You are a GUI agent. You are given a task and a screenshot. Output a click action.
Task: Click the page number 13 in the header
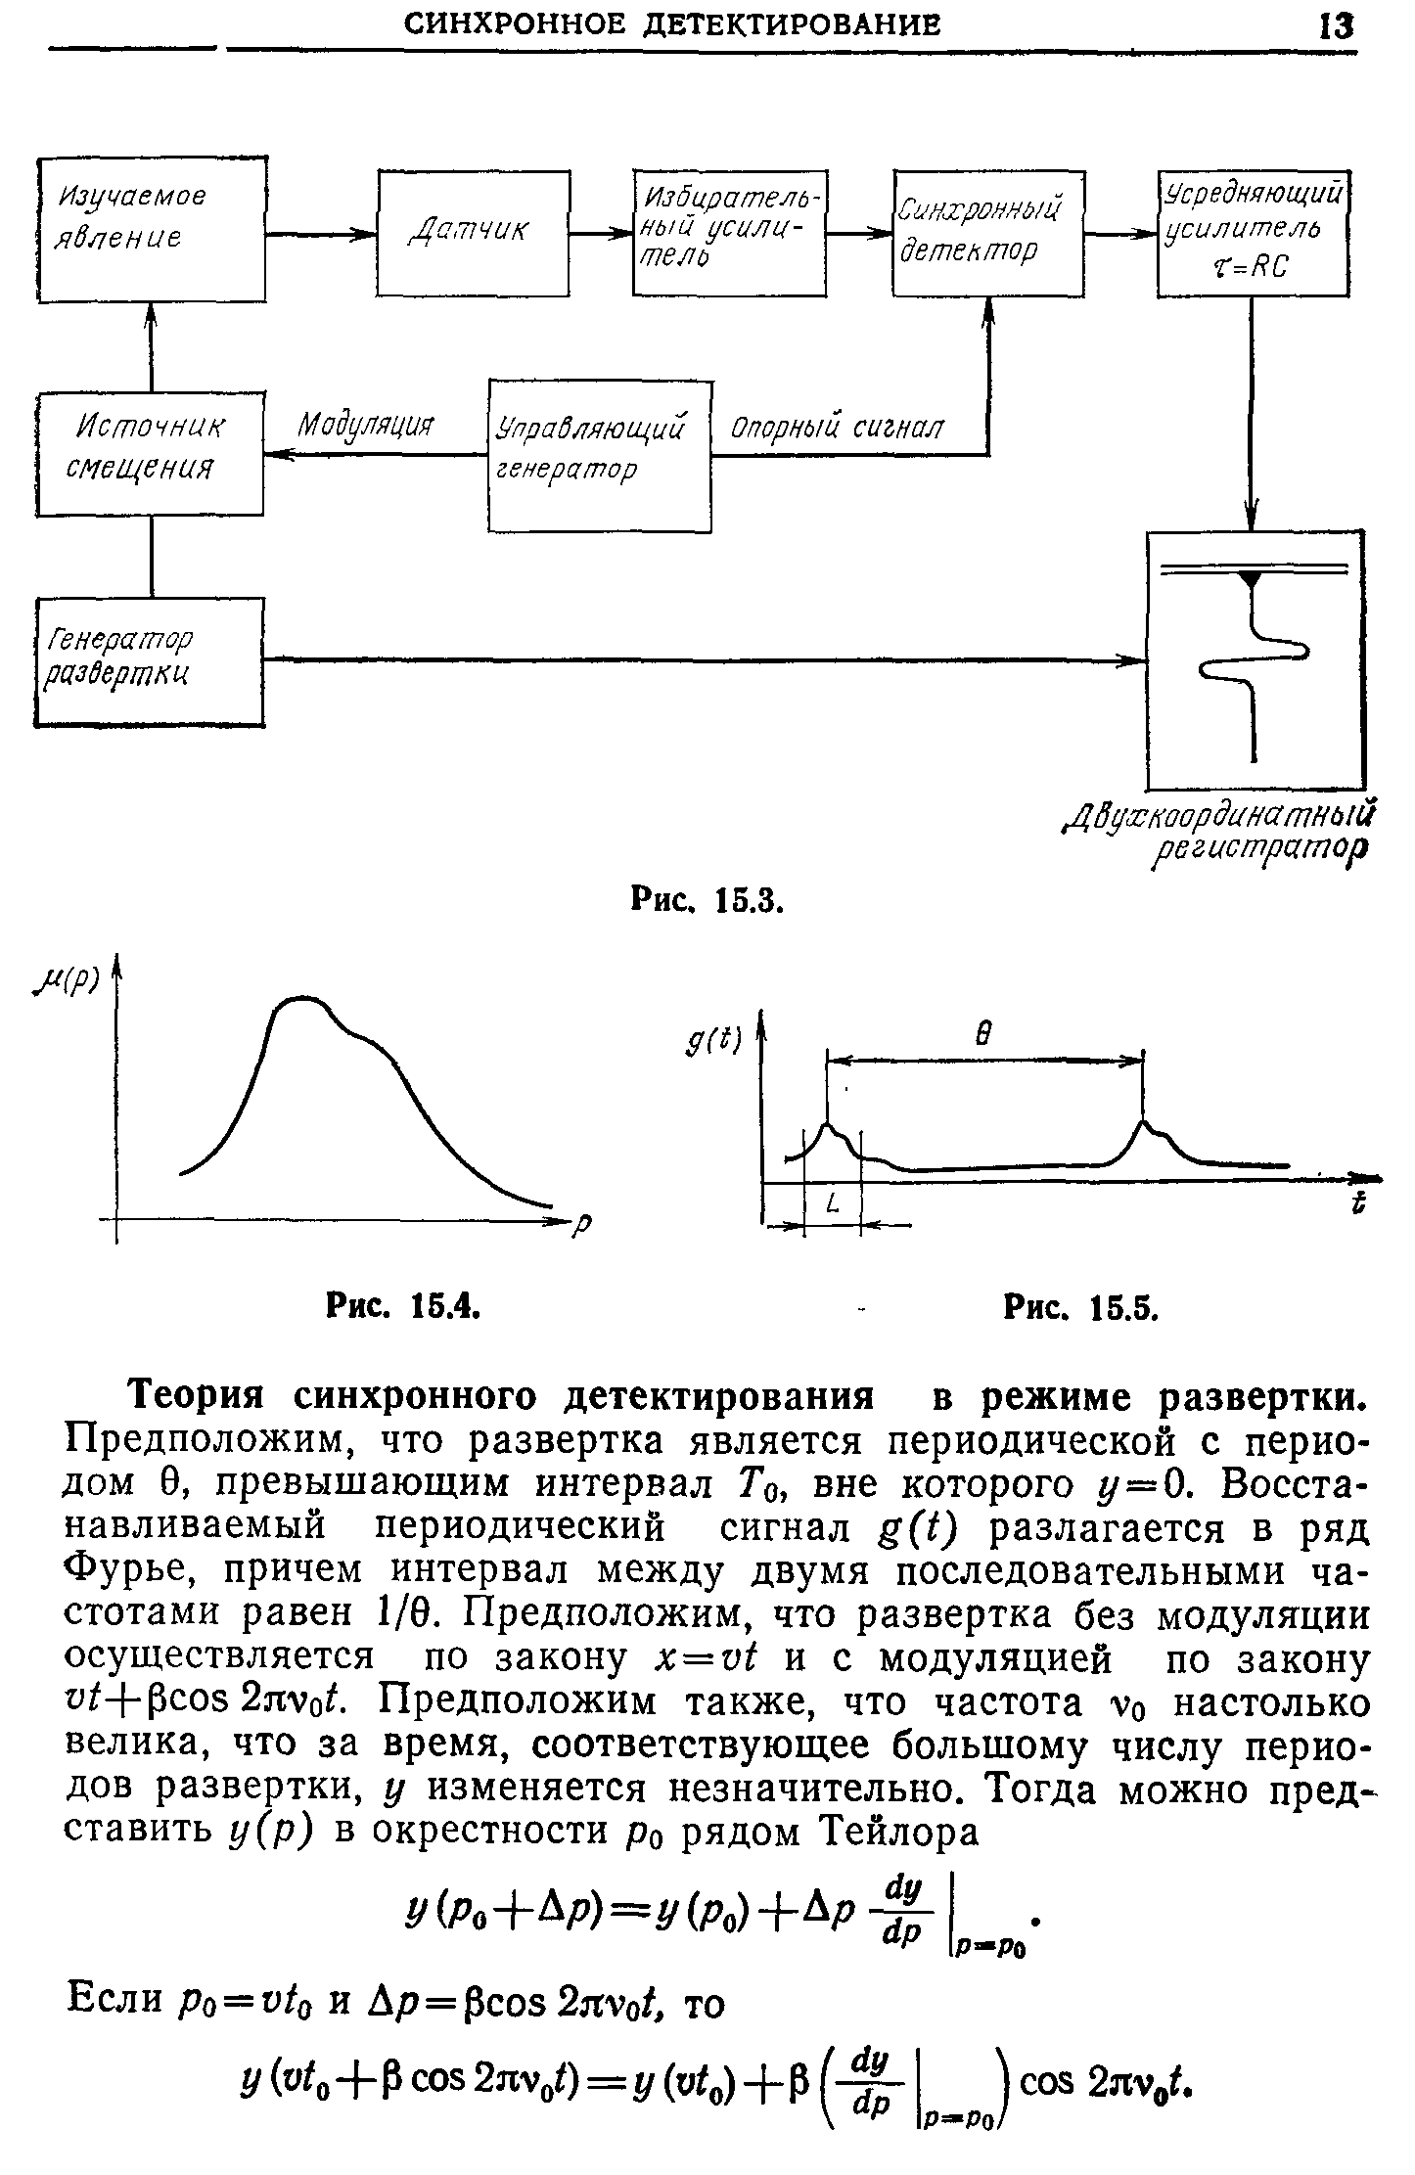click(1336, 25)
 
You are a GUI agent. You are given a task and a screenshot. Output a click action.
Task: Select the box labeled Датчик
click(474, 232)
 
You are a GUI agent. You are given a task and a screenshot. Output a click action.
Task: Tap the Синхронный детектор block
click(987, 232)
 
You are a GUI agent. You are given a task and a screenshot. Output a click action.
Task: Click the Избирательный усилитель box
click(728, 232)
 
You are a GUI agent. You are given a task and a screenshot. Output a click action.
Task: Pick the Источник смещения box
click(150, 452)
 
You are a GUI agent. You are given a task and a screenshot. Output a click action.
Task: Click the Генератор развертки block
click(149, 661)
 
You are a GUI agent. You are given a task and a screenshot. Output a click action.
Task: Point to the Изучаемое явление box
click(151, 228)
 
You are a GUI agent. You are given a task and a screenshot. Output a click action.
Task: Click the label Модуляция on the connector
click(365, 426)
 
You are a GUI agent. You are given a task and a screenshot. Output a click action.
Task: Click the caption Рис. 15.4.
click(402, 1305)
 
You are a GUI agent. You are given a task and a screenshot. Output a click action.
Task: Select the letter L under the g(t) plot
click(833, 1205)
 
